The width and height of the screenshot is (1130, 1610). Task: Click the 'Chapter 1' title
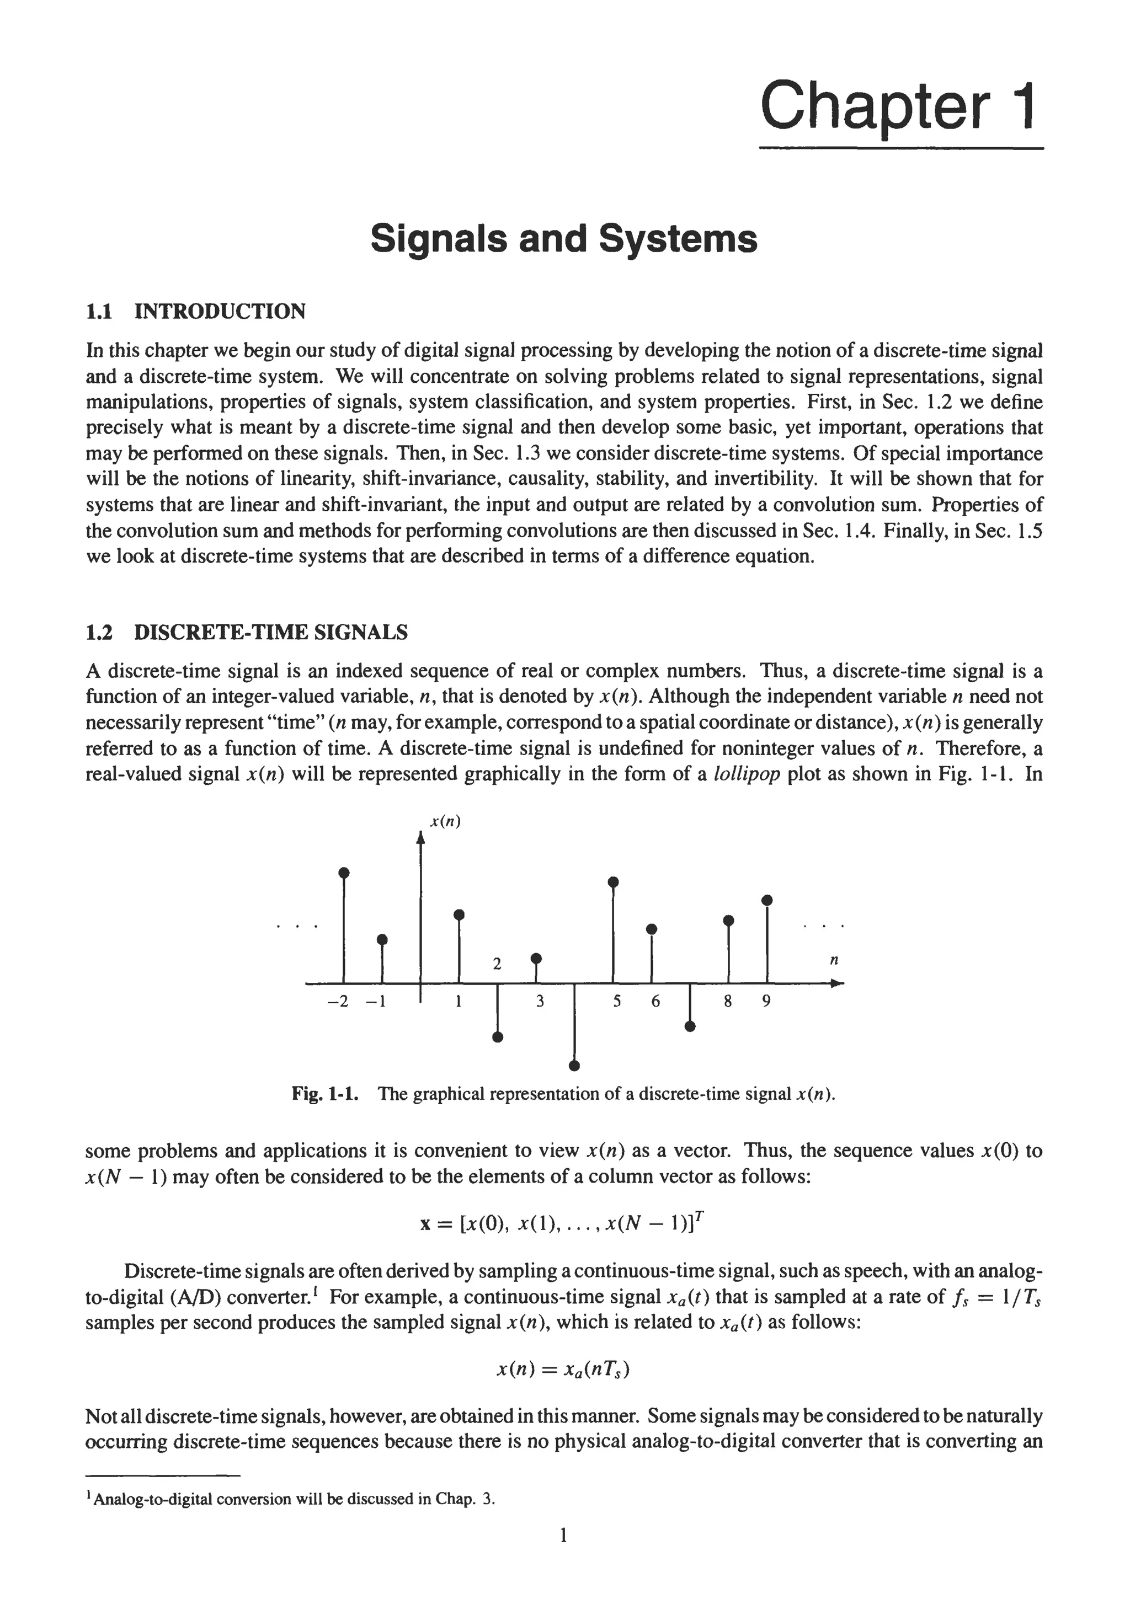(898, 105)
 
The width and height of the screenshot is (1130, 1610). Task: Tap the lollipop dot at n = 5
(613, 881)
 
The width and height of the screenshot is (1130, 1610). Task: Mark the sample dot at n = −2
(344, 873)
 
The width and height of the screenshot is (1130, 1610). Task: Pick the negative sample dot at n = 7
(690, 1026)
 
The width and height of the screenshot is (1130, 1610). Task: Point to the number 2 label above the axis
(497, 964)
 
